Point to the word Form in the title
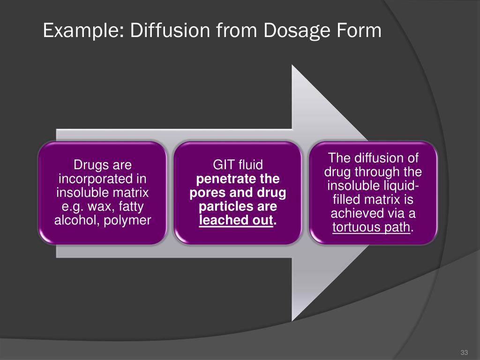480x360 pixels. (x=360, y=31)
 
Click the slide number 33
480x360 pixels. (x=465, y=352)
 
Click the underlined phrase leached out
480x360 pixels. (x=236, y=220)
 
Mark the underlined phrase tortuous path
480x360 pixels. (x=371, y=228)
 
